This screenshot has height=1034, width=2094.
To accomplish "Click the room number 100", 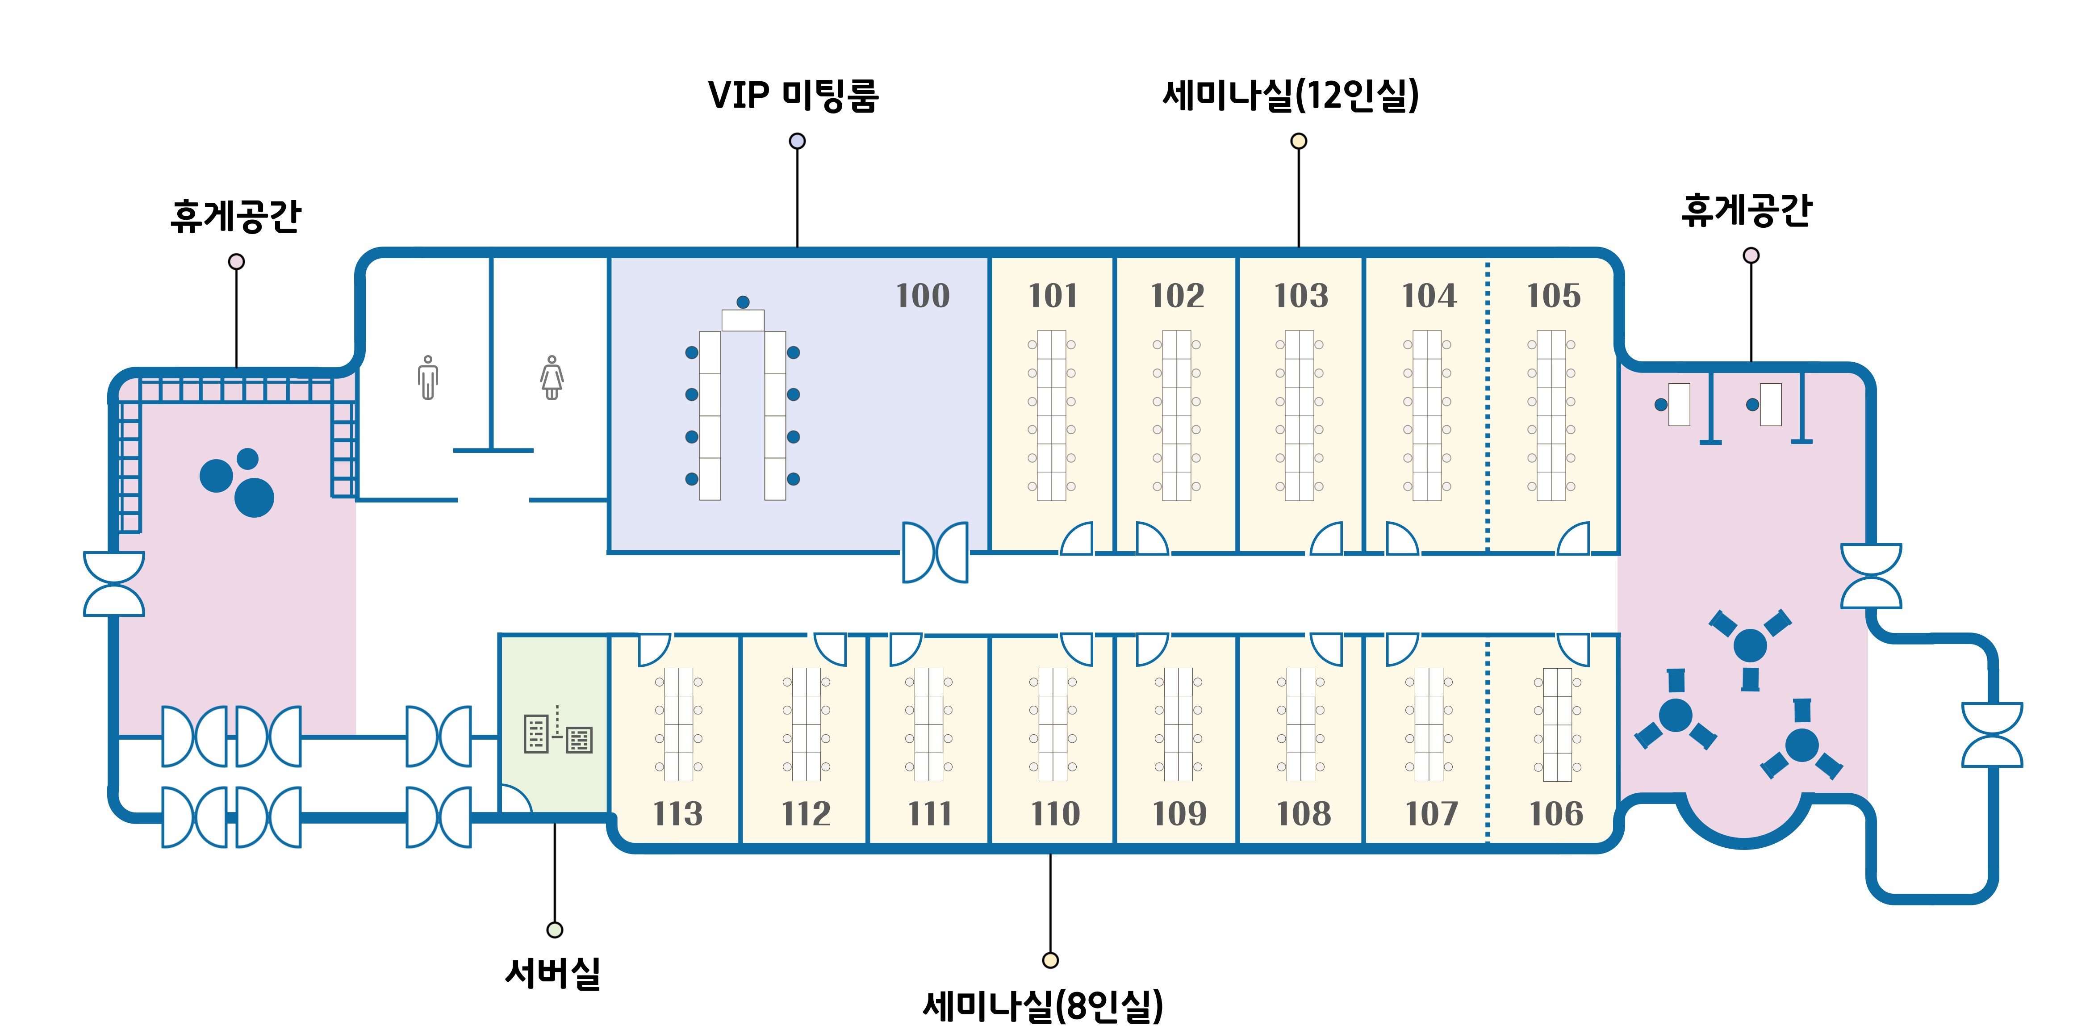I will pos(923,296).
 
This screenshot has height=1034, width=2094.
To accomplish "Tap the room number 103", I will pos(1300,296).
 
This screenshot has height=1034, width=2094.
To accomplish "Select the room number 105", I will pos(1554,296).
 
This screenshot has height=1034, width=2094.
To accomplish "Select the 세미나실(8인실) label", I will pos(1043,1006).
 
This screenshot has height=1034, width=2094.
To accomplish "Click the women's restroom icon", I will pos(552,378).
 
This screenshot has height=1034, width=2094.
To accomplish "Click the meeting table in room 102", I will pos(1176,414).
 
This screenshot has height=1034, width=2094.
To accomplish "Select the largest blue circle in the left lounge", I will pos(255,498).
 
